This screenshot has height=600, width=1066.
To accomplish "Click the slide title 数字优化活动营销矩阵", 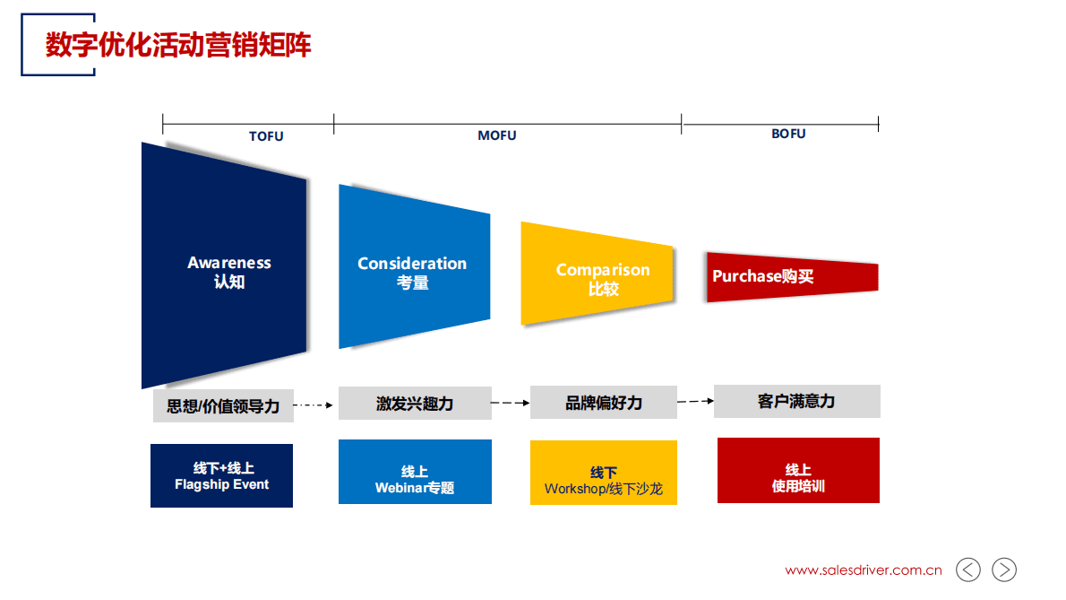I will click(x=178, y=44).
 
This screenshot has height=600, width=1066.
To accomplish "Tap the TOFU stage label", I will click(x=266, y=136).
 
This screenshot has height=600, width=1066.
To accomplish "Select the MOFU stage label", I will click(x=496, y=135).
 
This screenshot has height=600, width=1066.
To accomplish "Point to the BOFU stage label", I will click(x=788, y=134).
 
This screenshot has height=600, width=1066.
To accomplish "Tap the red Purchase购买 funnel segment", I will click(x=788, y=277).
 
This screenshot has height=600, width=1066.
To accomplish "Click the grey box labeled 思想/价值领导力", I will click(x=223, y=405).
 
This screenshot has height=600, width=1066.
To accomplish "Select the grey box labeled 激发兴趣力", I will click(x=415, y=404).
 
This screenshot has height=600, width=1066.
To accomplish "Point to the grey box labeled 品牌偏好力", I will click(x=603, y=403).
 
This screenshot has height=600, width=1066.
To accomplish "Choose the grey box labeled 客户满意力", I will click(x=796, y=401).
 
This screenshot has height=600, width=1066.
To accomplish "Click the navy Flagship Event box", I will click(x=221, y=476).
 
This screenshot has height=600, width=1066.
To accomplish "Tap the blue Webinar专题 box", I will click(x=415, y=473).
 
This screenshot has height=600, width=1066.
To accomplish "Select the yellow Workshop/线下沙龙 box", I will click(x=603, y=474).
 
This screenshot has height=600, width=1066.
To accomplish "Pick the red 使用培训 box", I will click(x=798, y=471).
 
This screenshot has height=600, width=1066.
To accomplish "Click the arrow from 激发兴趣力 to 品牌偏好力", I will click(x=511, y=404).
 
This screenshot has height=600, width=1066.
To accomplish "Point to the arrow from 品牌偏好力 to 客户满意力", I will click(x=695, y=401).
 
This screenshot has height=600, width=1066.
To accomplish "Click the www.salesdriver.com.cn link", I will click(x=864, y=570).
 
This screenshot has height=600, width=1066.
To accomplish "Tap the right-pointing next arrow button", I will click(x=1004, y=570).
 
